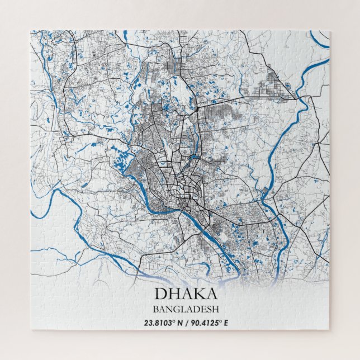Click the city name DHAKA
[179, 293]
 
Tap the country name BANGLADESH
[179, 309]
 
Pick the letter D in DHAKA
[160, 293]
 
